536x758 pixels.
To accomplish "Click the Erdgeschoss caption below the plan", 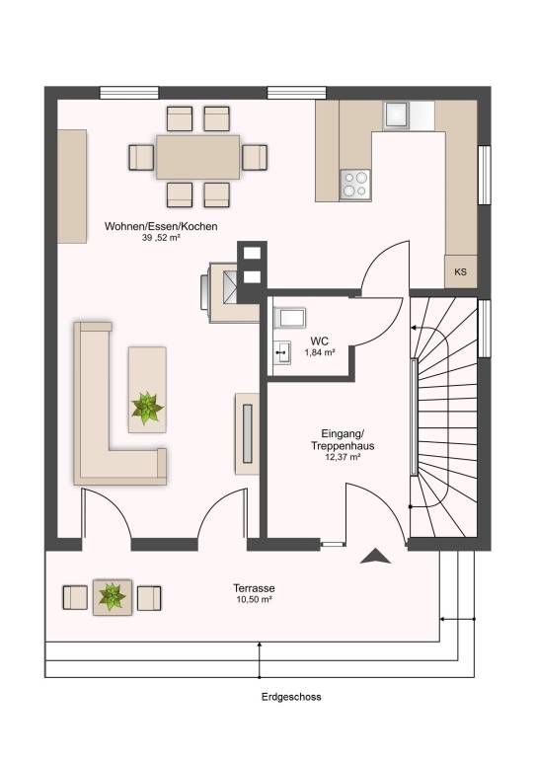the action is (x=291, y=697).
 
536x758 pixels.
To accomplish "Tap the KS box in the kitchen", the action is (x=461, y=271).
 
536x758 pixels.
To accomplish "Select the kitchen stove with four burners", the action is (x=355, y=185).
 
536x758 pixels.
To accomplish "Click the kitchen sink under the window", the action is (x=397, y=115).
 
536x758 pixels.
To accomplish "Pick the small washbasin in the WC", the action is (x=282, y=352).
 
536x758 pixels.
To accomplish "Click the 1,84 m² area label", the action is (x=320, y=353).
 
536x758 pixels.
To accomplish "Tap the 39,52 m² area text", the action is (x=162, y=237).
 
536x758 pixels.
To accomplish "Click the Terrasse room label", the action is (x=255, y=588).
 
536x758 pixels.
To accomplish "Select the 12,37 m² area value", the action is (x=343, y=456).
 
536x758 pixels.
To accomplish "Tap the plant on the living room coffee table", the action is (x=147, y=408).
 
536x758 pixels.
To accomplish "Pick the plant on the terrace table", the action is (x=113, y=596).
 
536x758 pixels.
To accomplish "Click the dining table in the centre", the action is (x=197, y=157).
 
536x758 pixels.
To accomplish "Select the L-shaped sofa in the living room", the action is (x=119, y=403).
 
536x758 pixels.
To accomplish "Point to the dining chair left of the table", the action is (x=141, y=157).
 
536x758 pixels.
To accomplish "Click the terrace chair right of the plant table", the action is (x=149, y=598).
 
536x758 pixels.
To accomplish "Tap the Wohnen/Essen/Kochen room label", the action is (x=161, y=226).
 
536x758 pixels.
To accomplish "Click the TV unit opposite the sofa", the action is (x=247, y=433).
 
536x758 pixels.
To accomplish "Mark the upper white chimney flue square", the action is (x=252, y=253).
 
